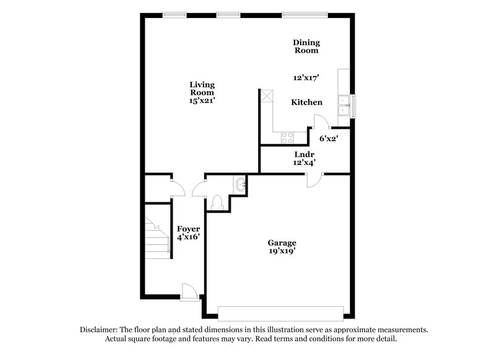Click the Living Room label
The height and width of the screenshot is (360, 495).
[202, 88]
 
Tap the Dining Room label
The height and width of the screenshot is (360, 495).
[306, 46]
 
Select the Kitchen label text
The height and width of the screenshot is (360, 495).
[306, 102]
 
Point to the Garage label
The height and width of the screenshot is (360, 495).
[282, 243]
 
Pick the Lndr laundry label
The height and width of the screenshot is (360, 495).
[305, 155]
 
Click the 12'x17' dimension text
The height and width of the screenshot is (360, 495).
[306, 78]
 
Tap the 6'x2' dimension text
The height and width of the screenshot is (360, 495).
[329, 139]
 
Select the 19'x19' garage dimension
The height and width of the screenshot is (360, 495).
[282, 252]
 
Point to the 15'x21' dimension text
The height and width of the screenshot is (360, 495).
[202, 100]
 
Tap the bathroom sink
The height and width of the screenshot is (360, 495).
[241, 183]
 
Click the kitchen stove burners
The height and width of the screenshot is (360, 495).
[288, 135]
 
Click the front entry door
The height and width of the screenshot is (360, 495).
[189, 291]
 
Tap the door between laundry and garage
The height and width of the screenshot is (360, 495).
[315, 178]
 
